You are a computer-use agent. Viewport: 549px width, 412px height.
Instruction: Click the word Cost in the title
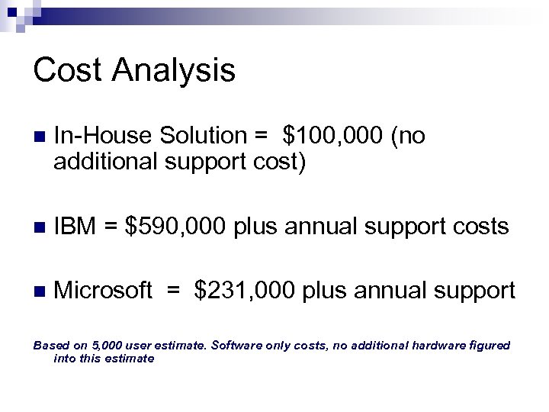coord(69,70)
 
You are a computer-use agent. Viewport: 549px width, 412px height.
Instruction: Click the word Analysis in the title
coord(174,72)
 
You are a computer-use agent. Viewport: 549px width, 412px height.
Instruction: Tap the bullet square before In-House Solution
coord(39,137)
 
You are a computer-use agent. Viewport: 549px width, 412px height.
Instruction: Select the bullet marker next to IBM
coord(39,227)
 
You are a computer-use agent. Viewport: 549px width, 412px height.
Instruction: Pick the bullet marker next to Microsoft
coord(39,291)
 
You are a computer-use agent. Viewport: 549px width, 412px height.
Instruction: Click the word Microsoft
coord(104,291)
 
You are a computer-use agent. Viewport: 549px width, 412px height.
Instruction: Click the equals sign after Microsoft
coord(175,291)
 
